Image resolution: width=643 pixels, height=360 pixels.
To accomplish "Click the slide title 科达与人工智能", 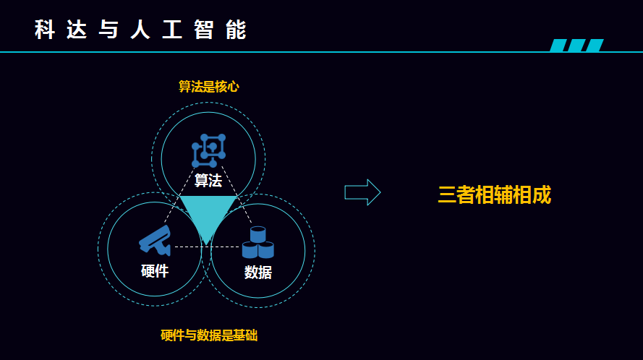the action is click(140, 30).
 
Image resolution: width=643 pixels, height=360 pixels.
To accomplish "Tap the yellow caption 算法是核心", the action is click(209, 87).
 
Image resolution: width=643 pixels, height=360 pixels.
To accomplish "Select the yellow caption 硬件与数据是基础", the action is click(209, 335).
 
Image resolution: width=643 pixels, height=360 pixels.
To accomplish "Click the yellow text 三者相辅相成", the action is click(494, 194).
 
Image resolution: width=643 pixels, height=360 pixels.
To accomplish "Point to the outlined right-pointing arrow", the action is click(362, 192).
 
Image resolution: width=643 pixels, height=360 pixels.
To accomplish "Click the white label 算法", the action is click(208, 181).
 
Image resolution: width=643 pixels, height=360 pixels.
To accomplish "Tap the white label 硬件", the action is click(155, 271).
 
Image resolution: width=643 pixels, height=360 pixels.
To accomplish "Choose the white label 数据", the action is click(258, 273).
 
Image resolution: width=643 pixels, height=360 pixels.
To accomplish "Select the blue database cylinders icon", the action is click(258, 242).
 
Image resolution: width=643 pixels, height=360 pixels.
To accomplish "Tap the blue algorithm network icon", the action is click(209, 150).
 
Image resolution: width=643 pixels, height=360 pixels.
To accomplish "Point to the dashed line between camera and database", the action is click(207, 247).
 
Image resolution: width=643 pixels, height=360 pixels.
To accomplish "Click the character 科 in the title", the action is click(45, 30).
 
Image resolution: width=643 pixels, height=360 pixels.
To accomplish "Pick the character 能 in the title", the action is click(237, 30).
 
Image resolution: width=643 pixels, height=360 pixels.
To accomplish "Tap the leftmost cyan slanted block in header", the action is click(558, 45).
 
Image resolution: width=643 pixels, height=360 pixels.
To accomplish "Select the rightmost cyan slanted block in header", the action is click(595, 45).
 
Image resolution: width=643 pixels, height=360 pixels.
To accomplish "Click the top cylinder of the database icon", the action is click(258, 234).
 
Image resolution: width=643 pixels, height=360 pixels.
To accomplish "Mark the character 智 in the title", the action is click(204, 30).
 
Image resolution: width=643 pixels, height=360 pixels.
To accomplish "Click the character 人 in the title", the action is click(140, 30).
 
